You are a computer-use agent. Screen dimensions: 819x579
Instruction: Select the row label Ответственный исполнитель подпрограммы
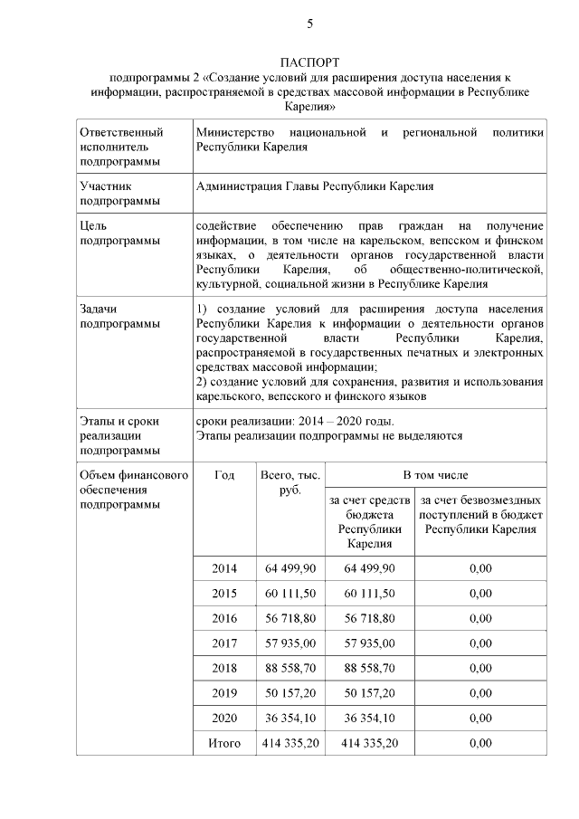point(121,147)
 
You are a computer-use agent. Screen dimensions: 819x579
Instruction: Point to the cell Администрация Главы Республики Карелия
point(314,186)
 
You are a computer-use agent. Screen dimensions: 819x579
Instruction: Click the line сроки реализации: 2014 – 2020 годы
point(295,421)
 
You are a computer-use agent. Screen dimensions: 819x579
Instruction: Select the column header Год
point(224,474)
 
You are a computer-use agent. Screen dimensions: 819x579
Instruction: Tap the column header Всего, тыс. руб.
point(290,481)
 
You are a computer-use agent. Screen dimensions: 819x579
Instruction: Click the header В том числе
point(435,474)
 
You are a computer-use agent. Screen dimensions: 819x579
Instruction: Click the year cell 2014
point(224,567)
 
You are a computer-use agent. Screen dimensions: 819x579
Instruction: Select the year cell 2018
point(224,668)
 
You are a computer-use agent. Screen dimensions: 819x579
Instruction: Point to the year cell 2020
point(224,718)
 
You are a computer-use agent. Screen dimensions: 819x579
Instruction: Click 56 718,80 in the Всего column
point(290,618)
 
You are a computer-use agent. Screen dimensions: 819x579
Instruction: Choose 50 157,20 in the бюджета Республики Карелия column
point(369,693)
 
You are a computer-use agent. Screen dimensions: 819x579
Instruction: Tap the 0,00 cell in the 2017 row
point(479,643)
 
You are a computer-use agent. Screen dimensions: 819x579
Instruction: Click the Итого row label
point(224,743)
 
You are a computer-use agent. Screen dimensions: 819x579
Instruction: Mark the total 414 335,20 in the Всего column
point(290,743)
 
